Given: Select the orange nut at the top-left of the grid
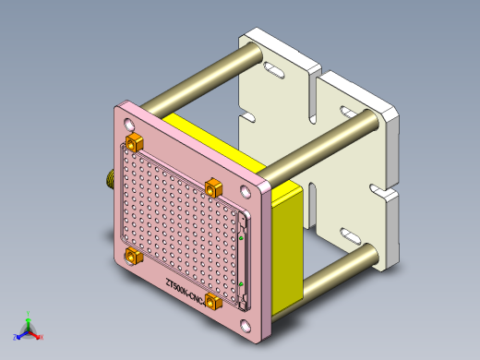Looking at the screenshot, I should pos(135,142).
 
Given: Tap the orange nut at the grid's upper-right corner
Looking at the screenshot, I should pos(214,186).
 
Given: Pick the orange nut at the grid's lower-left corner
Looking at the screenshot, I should pos(133,257).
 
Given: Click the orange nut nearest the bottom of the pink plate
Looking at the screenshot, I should pos(215,302).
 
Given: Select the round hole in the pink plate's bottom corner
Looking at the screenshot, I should pos(245,326).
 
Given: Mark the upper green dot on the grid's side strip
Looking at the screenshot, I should pos(241,237).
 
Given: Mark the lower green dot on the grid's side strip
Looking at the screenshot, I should pos(240,283).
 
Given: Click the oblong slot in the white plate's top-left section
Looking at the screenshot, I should pos(274,70).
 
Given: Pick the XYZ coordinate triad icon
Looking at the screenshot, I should pos(29,329).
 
